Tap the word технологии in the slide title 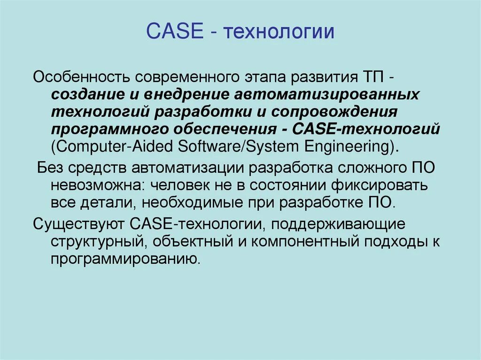point(279,32)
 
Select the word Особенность point(78,77)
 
